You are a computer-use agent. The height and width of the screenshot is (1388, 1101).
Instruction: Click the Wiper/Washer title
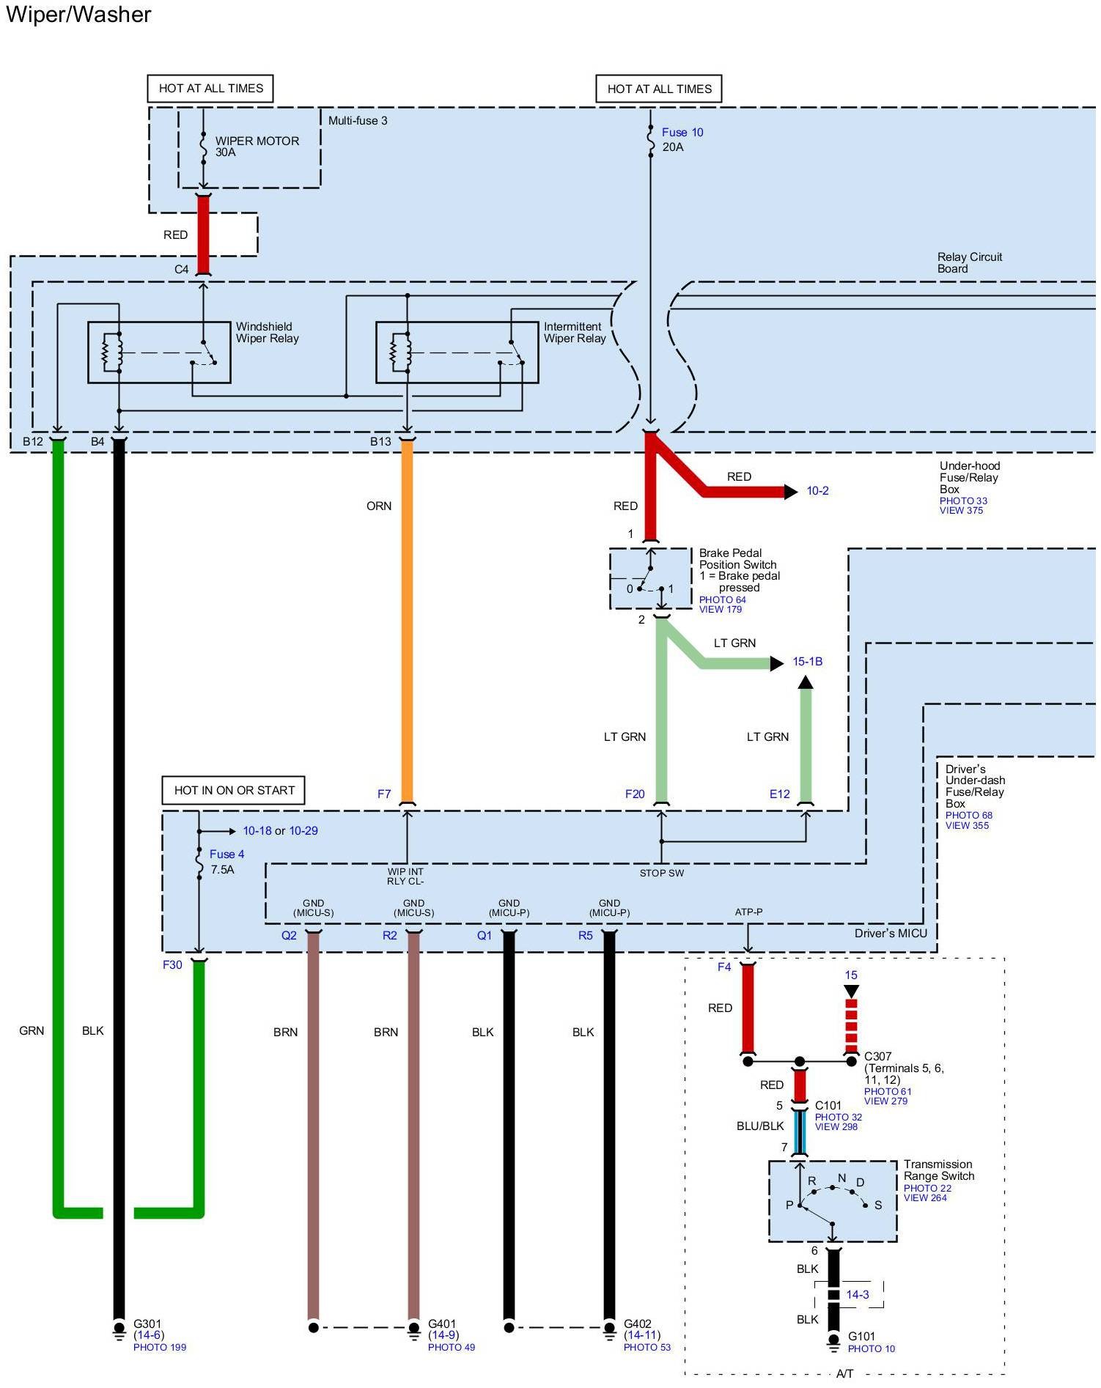pyautogui.click(x=78, y=15)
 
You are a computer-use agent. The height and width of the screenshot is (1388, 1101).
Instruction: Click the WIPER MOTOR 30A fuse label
pyautogui.click(x=256, y=147)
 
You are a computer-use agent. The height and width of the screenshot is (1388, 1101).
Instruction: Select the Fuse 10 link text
pyautogui.click(x=682, y=133)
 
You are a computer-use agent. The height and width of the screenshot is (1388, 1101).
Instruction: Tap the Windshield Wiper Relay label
pyautogui.click(x=267, y=333)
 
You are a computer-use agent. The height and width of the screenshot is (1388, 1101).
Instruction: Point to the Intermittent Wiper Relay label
pyautogui.click(x=574, y=333)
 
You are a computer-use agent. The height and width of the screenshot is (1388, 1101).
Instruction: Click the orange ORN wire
pyautogui.click(x=407, y=623)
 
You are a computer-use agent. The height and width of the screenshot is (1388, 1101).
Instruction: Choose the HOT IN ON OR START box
pyautogui.click(x=234, y=791)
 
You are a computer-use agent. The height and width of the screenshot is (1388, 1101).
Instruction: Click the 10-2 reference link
pyautogui.click(x=817, y=491)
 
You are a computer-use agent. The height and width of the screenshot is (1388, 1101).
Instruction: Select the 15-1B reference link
pyautogui.click(x=807, y=662)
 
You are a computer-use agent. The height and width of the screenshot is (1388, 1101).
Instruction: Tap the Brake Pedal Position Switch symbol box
pyautogui.click(x=650, y=579)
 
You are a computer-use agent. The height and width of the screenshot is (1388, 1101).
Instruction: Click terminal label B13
pyautogui.click(x=380, y=442)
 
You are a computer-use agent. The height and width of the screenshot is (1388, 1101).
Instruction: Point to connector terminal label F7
pyautogui.click(x=384, y=794)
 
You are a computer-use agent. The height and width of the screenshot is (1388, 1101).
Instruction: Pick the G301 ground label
pyautogui.click(x=147, y=1324)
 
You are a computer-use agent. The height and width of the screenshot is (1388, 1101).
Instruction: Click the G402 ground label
pyautogui.click(x=637, y=1324)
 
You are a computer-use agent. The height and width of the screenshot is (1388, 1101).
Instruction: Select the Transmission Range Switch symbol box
pyautogui.click(x=833, y=1201)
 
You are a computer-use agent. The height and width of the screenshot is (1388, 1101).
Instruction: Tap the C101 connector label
pyautogui.click(x=828, y=1106)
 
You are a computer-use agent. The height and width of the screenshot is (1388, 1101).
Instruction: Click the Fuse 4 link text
pyautogui.click(x=227, y=854)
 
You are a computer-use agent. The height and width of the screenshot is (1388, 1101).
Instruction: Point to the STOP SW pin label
pyautogui.click(x=661, y=874)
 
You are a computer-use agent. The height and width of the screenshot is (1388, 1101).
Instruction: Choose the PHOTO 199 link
pyautogui.click(x=160, y=1348)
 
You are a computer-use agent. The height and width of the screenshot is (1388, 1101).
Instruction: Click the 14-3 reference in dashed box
pyautogui.click(x=857, y=1295)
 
